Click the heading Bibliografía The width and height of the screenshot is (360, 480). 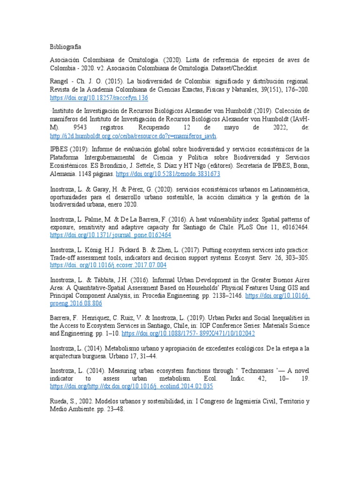pos(66,47)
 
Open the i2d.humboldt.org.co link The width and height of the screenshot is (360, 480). pos(133,136)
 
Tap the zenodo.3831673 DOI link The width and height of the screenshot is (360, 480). pos(168,174)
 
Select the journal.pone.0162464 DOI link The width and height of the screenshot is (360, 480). pos(111,235)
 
